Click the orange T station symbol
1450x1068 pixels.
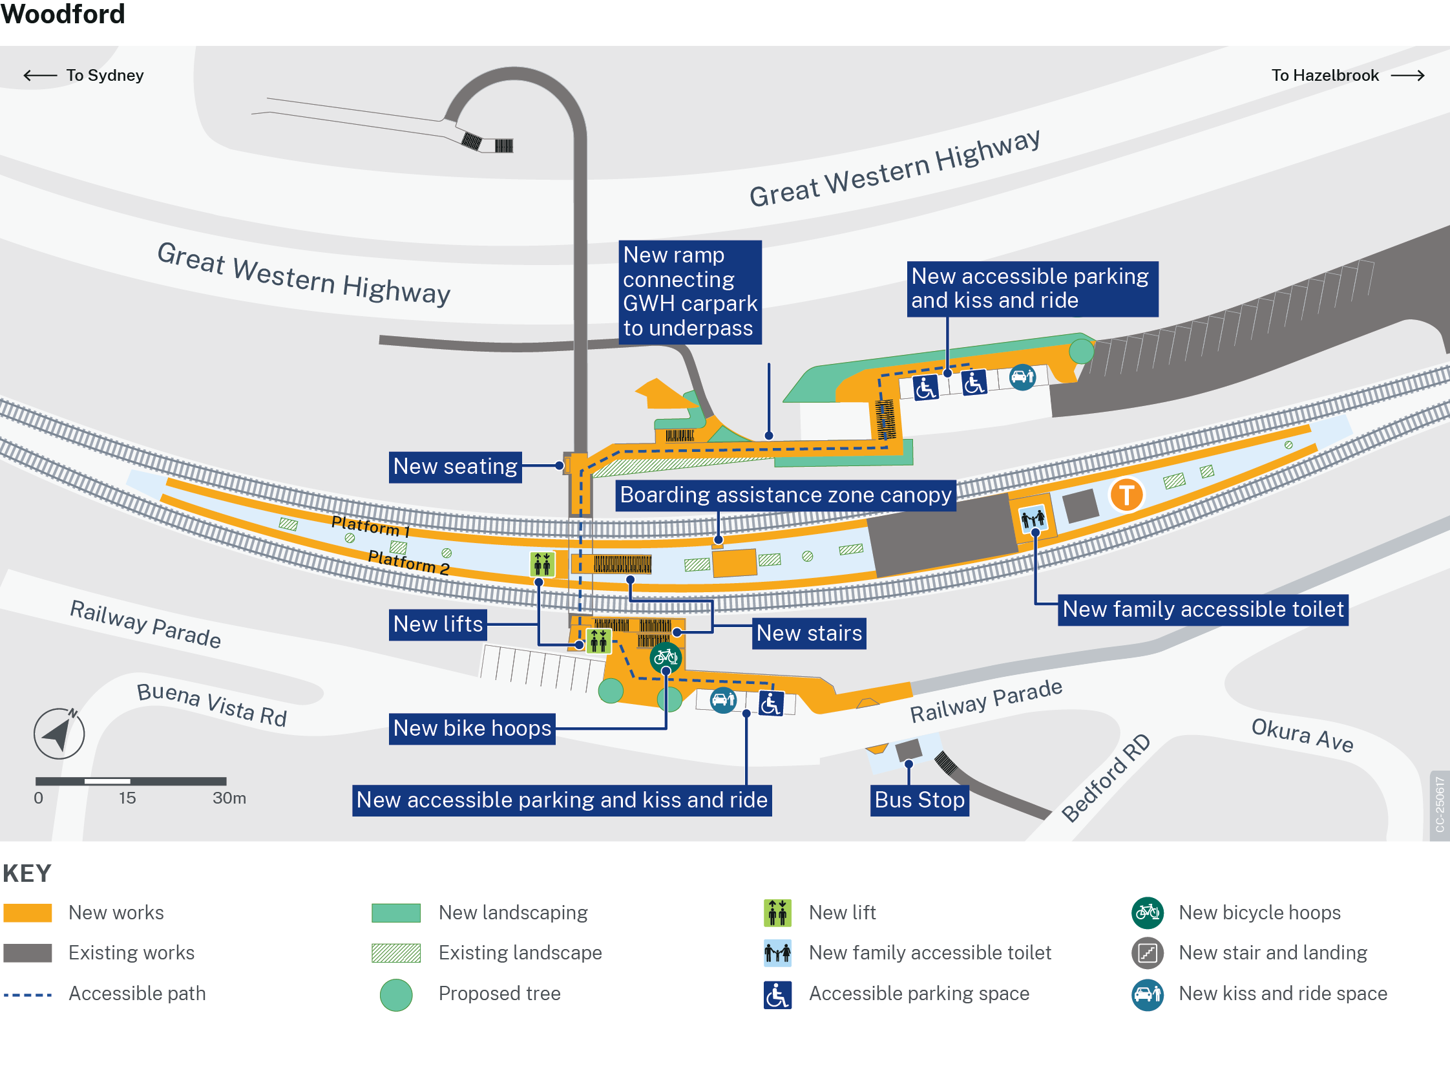pyautogui.click(x=1126, y=495)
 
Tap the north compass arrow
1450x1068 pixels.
pyautogui.click(x=59, y=734)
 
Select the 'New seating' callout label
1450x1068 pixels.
pyautogui.click(x=456, y=467)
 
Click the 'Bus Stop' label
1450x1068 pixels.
pyautogui.click(x=919, y=800)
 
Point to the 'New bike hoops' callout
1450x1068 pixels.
pyautogui.click(x=472, y=729)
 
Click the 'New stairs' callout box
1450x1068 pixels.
pyautogui.click(x=809, y=634)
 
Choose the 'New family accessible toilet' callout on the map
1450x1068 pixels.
pyautogui.click(x=1203, y=610)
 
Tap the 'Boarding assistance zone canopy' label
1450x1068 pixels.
pyautogui.click(x=786, y=495)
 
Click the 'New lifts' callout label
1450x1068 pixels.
pyautogui.click(x=438, y=625)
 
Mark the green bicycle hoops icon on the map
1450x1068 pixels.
pyautogui.click(x=666, y=658)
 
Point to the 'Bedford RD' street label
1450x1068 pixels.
pyautogui.click(x=1106, y=778)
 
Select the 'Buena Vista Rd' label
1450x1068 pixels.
pyautogui.click(x=212, y=705)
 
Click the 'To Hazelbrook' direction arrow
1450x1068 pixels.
pyautogui.click(x=1407, y=76)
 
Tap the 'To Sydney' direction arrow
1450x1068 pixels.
pyautogui.click(x=40, y=76)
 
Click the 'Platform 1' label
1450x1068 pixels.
pyautogui.click(x=371, y=526)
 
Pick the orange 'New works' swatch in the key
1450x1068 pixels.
pyautogui.click(x=27, y=913)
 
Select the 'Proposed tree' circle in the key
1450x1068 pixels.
pyautogui.click(x=396, y=994)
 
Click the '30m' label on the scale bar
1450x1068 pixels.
pyautogui.click(x=229, y=798)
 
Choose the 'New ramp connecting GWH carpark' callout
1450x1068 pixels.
pyautogui.click(x=690, y=292)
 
